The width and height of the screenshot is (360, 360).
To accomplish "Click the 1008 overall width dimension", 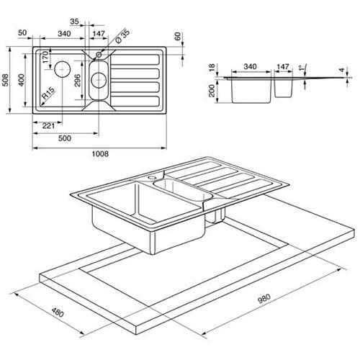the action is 100,154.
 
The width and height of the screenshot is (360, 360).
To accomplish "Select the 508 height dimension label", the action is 5,80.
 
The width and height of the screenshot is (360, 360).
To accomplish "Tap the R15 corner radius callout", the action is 48,93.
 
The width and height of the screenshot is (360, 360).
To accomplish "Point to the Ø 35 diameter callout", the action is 122,36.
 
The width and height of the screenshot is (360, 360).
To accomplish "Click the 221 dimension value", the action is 48,126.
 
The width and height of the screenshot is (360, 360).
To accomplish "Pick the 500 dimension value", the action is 65,138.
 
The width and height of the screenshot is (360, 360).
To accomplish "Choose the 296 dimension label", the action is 77,81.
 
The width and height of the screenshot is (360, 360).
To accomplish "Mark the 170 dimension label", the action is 45,58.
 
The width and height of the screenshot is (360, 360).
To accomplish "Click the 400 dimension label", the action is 22,80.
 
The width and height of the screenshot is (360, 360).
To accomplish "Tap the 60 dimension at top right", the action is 178,37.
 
